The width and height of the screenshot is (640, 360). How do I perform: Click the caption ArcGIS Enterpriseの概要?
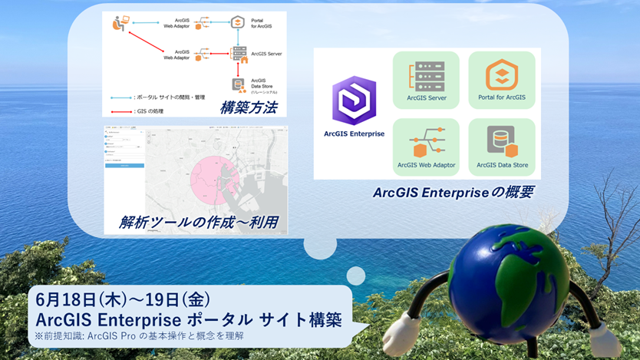[453, 192]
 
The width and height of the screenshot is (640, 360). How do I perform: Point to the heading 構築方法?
[248, 107]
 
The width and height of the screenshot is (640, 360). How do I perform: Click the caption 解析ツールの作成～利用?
[198, 223]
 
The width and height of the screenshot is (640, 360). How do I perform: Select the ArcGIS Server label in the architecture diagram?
[267, 54]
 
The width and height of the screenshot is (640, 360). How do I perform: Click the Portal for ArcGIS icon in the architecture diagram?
[238, 22]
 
